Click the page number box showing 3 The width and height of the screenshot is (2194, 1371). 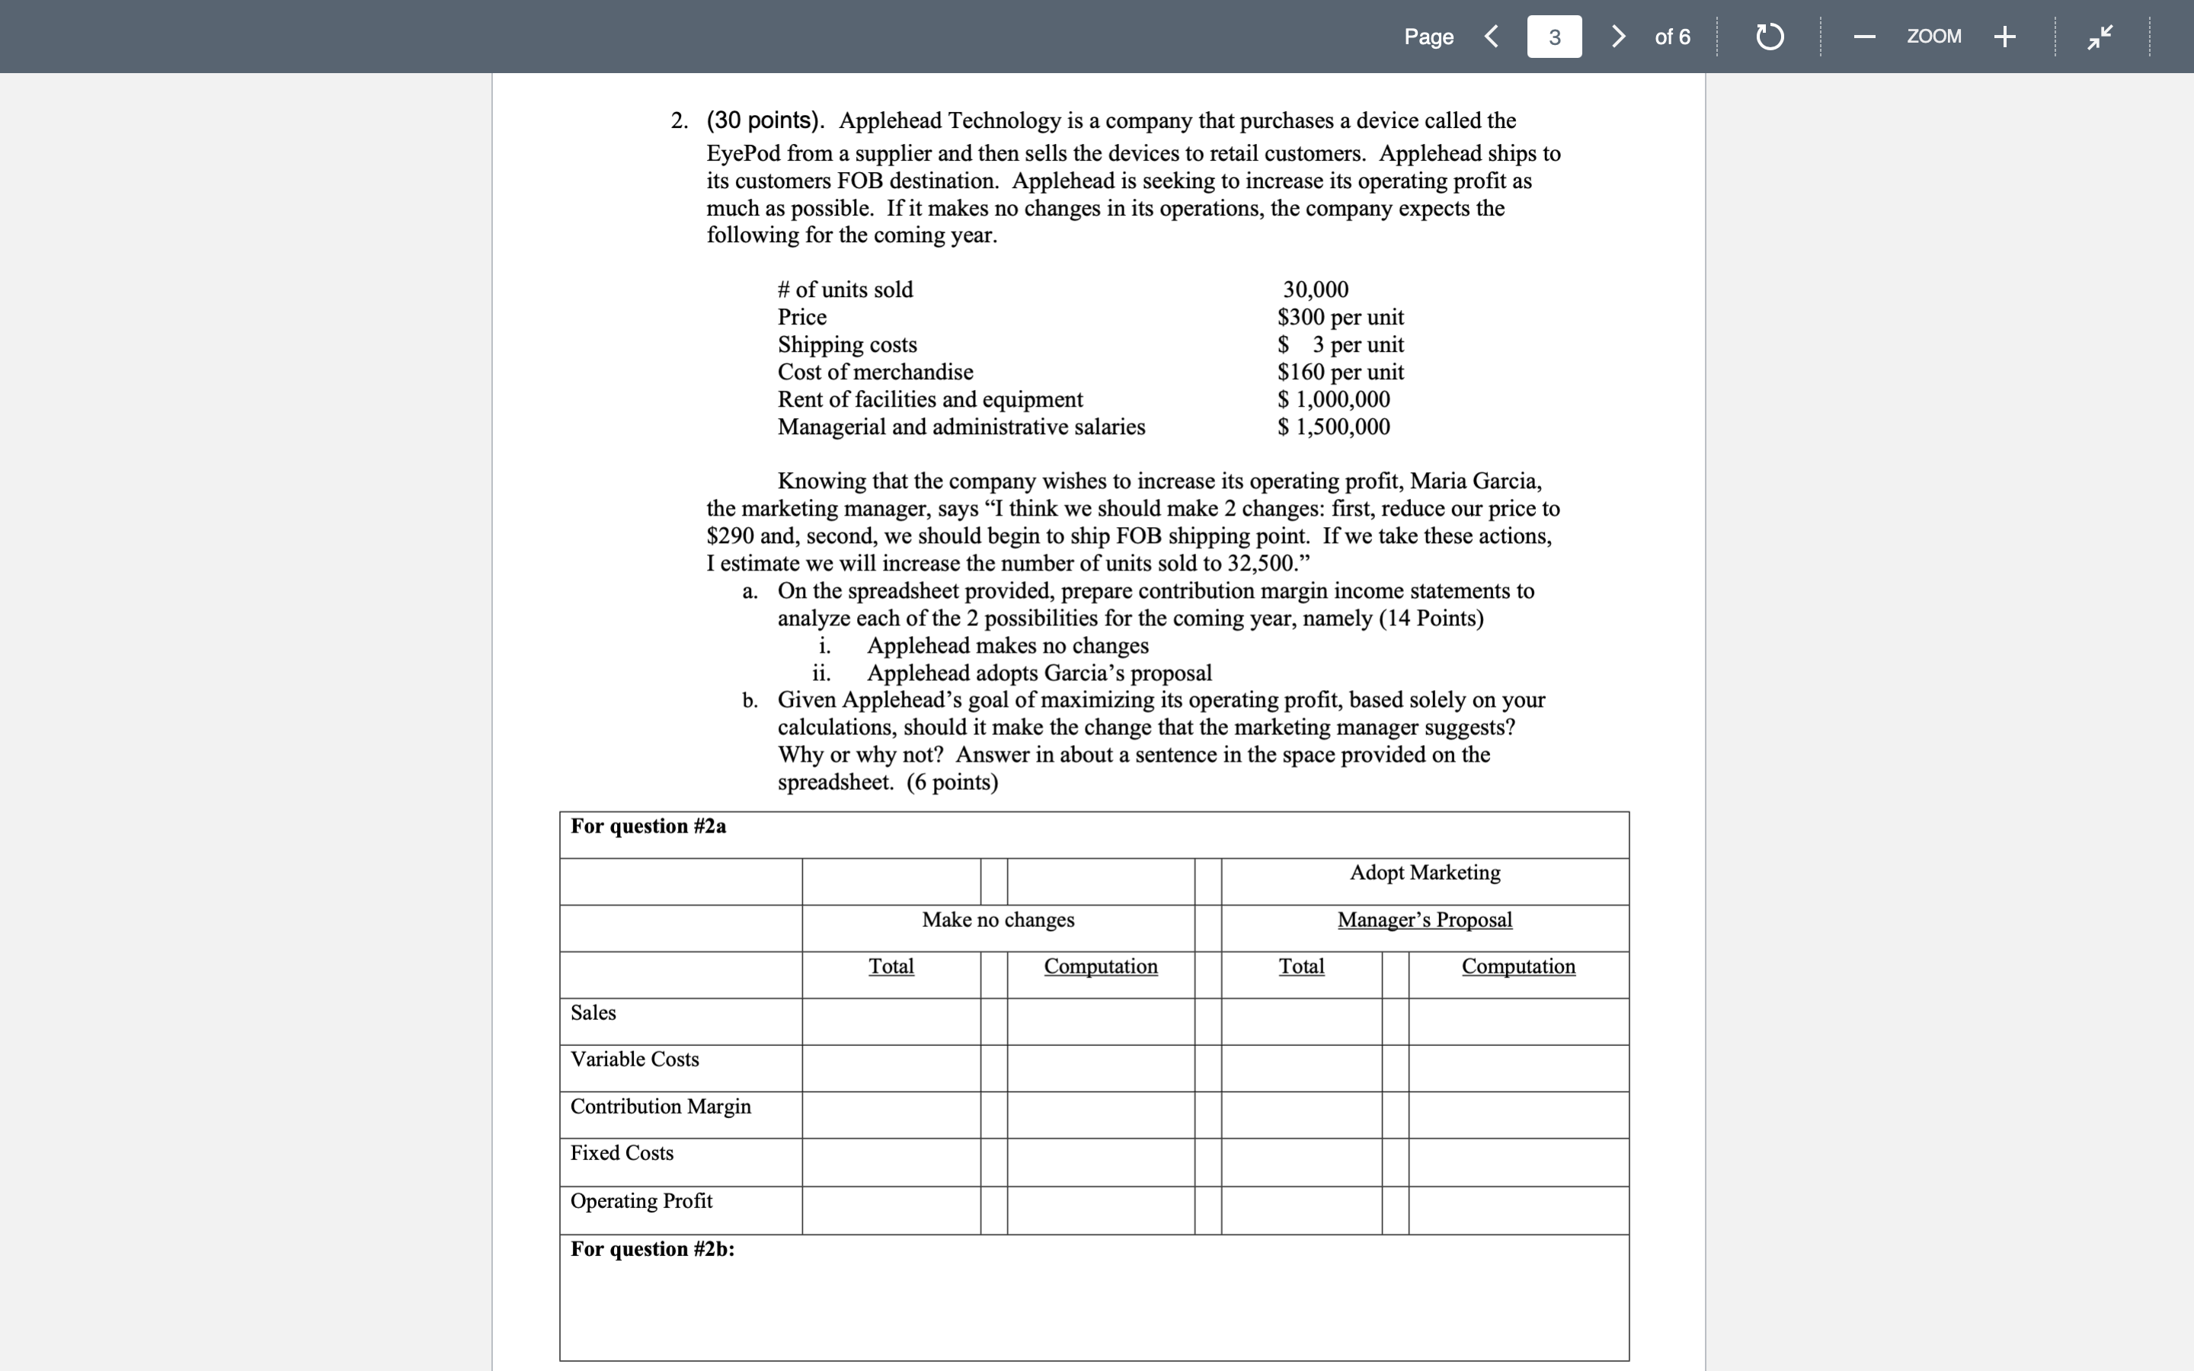pyautogui.click(x=1554, y=37)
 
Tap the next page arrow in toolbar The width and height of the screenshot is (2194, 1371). pyautogui.click(x=1618, y=37)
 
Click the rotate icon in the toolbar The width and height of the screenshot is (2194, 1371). pyautogui.click(x=1769, y=37)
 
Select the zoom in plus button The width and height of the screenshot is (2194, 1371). pyautogui.click(x=2004, y=37)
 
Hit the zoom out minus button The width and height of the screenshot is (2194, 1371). pyautogui.click(x=1864, y=37)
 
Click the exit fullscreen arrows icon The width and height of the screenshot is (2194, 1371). pyautogui.click(x=2100, y=37)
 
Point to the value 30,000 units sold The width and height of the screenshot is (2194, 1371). pyautogui.click(x=1315, y=289)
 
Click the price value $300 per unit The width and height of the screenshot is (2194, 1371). pyautogui.click(x=1340, y=318)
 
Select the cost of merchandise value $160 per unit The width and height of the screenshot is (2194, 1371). pyautogui.click(x=1340, y=372)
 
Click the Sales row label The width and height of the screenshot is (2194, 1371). pyautogui.click(x=593, y=1013)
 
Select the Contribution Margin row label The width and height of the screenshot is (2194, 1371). pyautogui.click(x=660, y=1106)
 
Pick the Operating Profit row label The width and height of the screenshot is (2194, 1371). pyautogui.click(x=641, y=1200)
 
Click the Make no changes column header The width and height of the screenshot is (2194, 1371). pyautogui.click(x=997, y=919)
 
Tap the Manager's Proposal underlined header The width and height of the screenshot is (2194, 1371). pyautogui.click(x=1425, y=919)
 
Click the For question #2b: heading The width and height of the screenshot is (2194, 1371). pyautogui.click(x=652, y=1248)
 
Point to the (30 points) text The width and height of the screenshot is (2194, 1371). pyautogui.click(x=765, y=120)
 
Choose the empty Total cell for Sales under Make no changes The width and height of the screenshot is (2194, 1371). pyautogui.click(x=891, y=1022)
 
